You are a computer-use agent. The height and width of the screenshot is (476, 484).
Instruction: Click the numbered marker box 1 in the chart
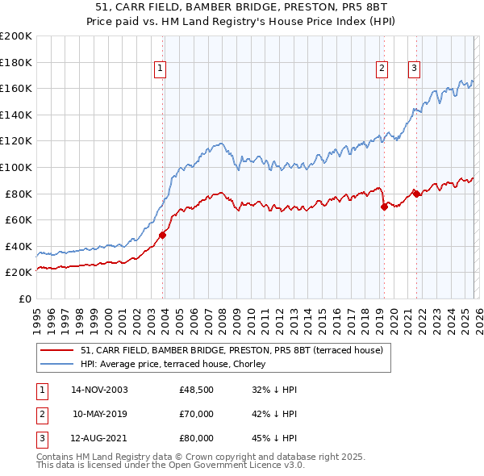tap(161, 69)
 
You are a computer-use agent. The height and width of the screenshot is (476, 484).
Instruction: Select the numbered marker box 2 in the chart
tap(381, 69)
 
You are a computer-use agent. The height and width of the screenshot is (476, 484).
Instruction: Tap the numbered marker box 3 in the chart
tap(413, 69)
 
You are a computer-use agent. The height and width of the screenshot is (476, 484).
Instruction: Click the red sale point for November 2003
tap(163, 235)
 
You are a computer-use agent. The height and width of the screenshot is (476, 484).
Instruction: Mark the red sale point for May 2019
tap(384, 207)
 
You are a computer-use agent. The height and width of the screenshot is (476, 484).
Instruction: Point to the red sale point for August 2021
tap(416, 193)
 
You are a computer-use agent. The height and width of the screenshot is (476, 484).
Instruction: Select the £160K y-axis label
tap(16, 88)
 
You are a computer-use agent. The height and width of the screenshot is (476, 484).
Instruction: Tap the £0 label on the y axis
tap(24, 299)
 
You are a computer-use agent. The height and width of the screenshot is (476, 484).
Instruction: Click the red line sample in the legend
tap(58, 349)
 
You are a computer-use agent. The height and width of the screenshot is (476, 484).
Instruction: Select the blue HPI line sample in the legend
tap(58, 363)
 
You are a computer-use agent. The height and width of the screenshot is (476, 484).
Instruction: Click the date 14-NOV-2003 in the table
tap(99, 390)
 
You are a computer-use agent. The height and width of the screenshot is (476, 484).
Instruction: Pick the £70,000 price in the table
tap(196, 415)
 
